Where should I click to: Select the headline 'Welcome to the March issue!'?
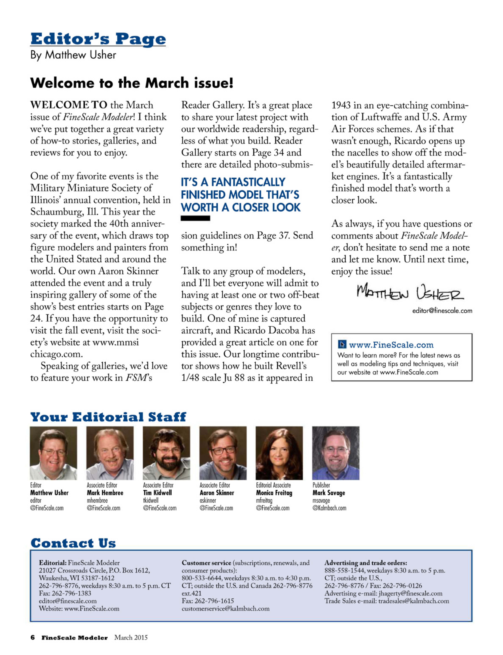[x=132, y=83]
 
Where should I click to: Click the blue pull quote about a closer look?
[x=240, y=195]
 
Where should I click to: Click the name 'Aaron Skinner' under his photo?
[x=217, y=493]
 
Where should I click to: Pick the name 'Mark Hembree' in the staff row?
[x=105, y=493]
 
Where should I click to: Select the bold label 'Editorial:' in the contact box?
[x=53, y=563]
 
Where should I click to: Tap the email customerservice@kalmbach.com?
[x=225, y=609]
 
